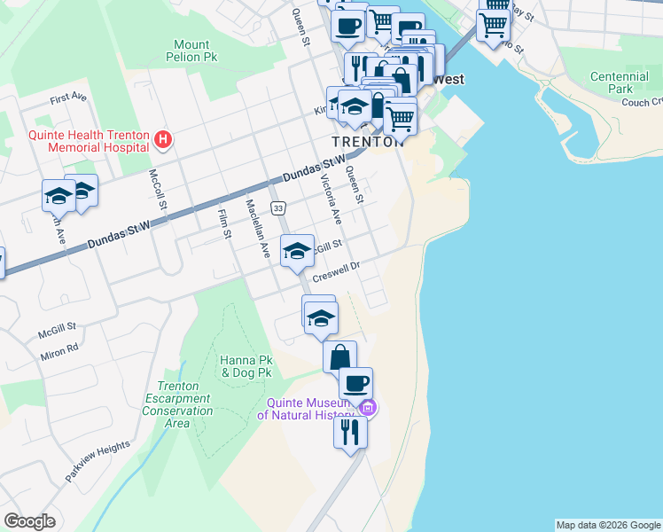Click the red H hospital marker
pyautogui.click(x=162, y=139)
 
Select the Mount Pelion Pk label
pyautogui.click(x=191, y=51)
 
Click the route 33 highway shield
pyautogui.click(x=278, y=207)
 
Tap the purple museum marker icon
pyautogui.click(x=367, y=408)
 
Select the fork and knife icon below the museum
pyautogui.click(x=350, y=432)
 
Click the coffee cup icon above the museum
pyautogui.click(x=356, y=383)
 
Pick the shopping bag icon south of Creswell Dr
pyautogui.click(x=339, y=357)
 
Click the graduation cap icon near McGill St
pyautogui.click(x=297, y=251)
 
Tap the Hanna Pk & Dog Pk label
pyautogui.click(x=246, y=367)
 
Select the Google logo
pyautogui.click(x=29, y=521)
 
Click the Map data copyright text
pyautogui.click(x=607, y=525)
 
